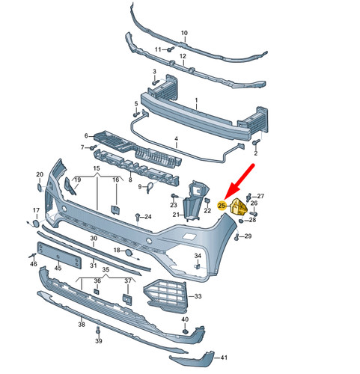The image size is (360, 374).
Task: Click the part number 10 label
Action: pos(184,34)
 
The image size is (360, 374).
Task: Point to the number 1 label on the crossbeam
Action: pos(196,100)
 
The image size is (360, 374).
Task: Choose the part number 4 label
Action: pos(176,139)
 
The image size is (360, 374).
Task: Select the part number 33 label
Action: pos(198,297)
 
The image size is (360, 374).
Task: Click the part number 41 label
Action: pos(224,358)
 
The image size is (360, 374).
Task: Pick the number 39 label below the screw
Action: pos(99,341)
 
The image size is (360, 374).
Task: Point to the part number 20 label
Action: pos(40,175)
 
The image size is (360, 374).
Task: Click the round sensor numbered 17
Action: pos(36,223)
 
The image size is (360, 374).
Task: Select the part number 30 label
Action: pos(94,239)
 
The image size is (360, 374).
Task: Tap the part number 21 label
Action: pos(177,215)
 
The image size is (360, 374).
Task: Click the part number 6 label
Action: pos(86,135)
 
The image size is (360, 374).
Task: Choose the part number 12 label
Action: pos(183,57)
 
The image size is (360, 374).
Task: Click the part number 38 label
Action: pos(81,325)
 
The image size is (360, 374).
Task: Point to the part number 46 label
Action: pos(34,263)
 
